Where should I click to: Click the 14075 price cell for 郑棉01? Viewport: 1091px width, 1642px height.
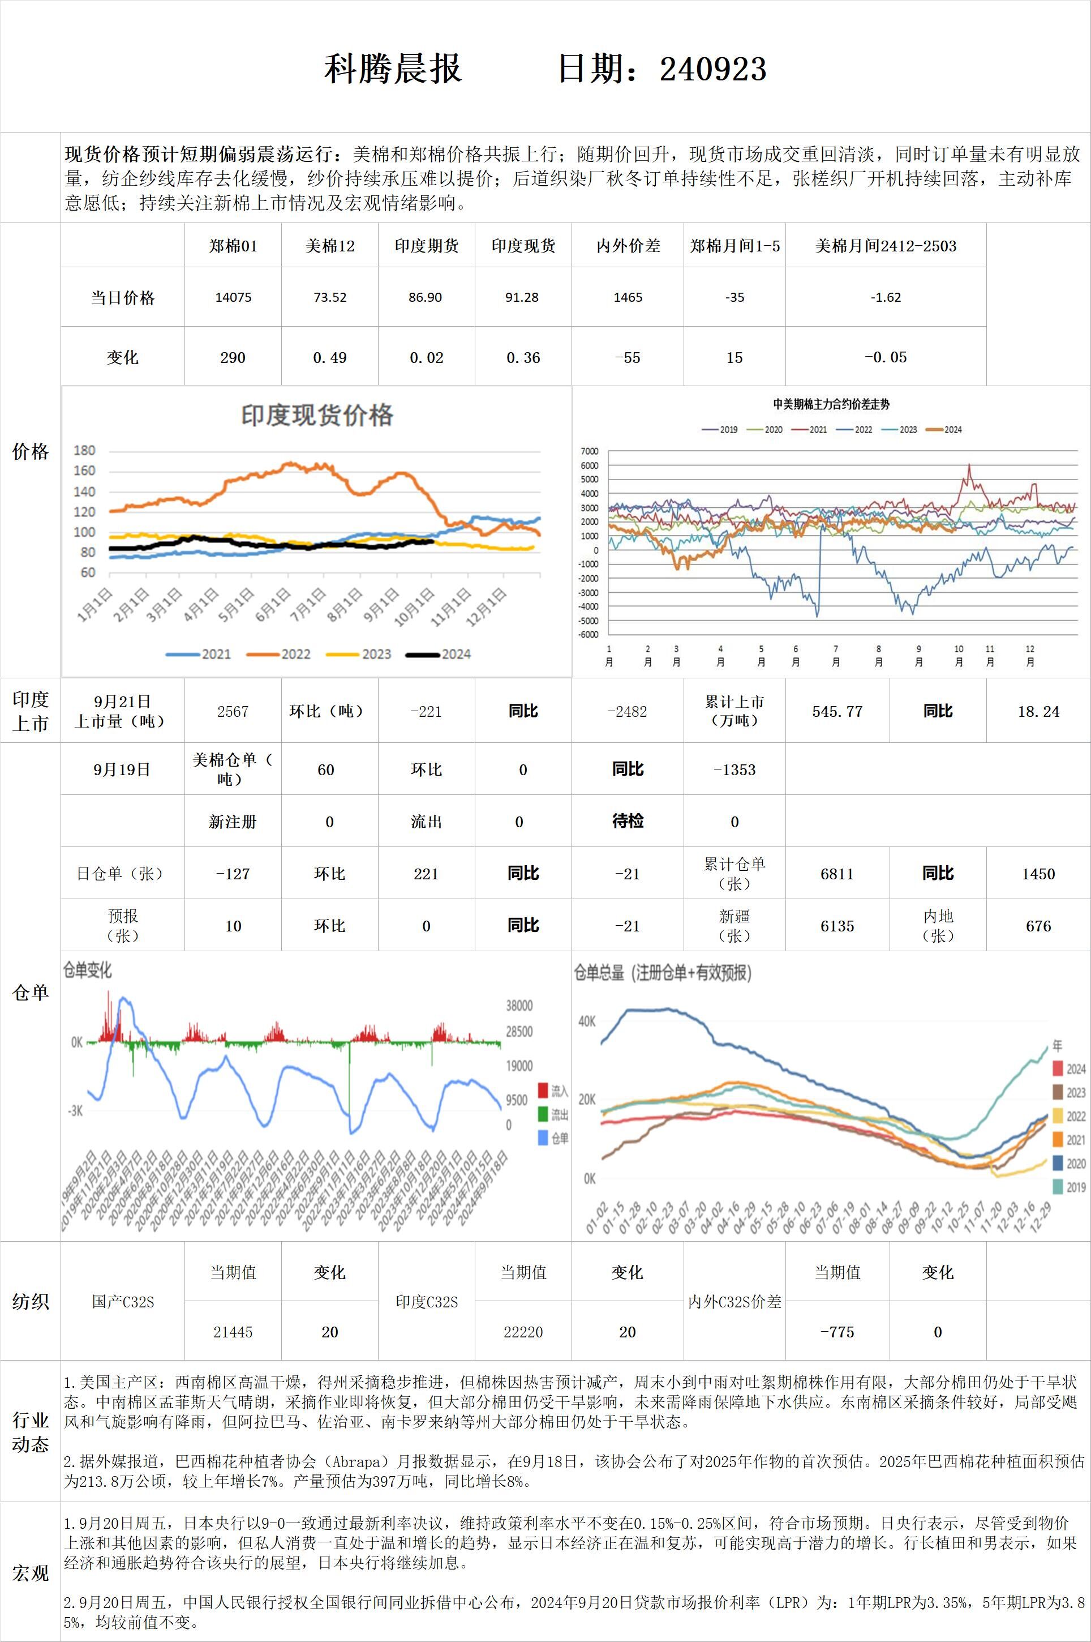coord(233,297)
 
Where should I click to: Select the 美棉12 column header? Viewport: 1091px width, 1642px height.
coord(330,246)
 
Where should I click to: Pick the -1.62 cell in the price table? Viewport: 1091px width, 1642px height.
coord(886,297)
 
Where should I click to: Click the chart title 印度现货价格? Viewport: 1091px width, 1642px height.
coord(317,416)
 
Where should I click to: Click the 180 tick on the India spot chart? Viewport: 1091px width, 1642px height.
coord(84,450)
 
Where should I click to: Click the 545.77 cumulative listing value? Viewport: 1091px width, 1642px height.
coord(837,711)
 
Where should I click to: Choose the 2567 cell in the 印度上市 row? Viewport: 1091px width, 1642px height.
coord(233,711)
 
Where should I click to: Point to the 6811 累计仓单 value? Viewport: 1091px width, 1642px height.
coord(837,874)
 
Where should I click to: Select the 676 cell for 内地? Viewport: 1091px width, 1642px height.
coord(1038,926)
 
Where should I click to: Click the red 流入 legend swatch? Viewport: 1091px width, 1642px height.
coord(543,1091)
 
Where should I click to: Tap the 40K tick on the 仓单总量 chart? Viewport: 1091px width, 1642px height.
coord(587,1021)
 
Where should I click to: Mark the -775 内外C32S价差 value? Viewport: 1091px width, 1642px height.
coord(837,1332)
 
